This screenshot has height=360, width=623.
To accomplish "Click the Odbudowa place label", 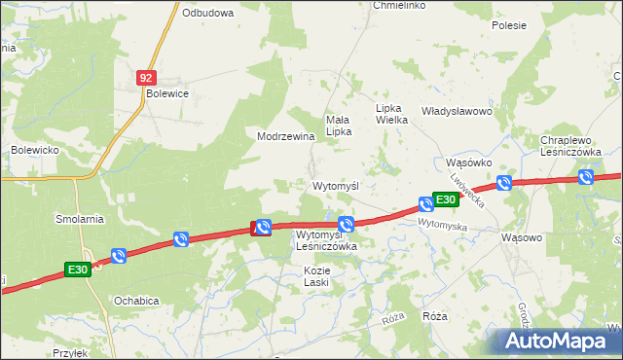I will pos(207,13).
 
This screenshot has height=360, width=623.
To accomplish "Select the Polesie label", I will pos(508,25).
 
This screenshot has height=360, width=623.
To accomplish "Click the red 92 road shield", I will pos(146,76).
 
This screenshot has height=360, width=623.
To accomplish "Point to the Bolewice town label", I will pos(166,93).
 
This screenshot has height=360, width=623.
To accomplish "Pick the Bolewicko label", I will pos(36,150).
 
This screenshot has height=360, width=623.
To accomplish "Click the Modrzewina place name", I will pos(285,136).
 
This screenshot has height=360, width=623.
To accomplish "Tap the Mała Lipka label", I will pos(338,125).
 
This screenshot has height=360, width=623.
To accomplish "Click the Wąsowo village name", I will pos(521,236).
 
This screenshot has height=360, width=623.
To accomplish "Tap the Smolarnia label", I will pos(80,219).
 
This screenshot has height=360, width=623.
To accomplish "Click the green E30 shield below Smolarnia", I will pos(78,270).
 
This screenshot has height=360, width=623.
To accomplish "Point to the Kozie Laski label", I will pos(316,275).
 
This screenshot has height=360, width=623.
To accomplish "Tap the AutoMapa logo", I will pos(559,341).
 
